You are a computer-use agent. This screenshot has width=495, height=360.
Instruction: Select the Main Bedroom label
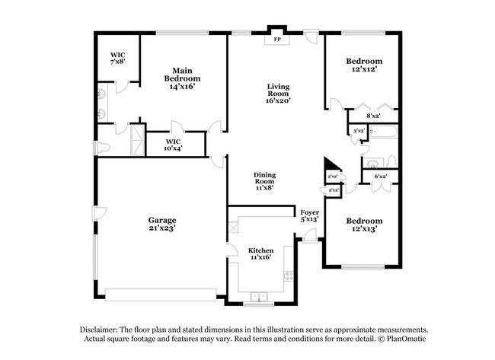pos(183,79)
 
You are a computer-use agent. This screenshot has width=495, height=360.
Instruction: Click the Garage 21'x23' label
pos(162,225)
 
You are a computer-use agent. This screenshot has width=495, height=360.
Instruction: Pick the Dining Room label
pos(265,180)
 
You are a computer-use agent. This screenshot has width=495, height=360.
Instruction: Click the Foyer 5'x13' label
pos(309,215)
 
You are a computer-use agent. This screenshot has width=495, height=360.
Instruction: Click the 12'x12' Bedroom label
pos(364,65)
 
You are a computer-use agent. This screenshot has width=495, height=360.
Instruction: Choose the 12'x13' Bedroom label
pos(364,225)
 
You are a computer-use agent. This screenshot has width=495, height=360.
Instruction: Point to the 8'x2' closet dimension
pos(374,116)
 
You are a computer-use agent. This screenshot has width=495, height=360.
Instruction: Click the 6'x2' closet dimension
pos(380,177)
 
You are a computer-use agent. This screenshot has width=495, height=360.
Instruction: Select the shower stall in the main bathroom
pos(138,138)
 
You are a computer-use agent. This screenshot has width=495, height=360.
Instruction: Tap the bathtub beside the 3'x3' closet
pos(382,135)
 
